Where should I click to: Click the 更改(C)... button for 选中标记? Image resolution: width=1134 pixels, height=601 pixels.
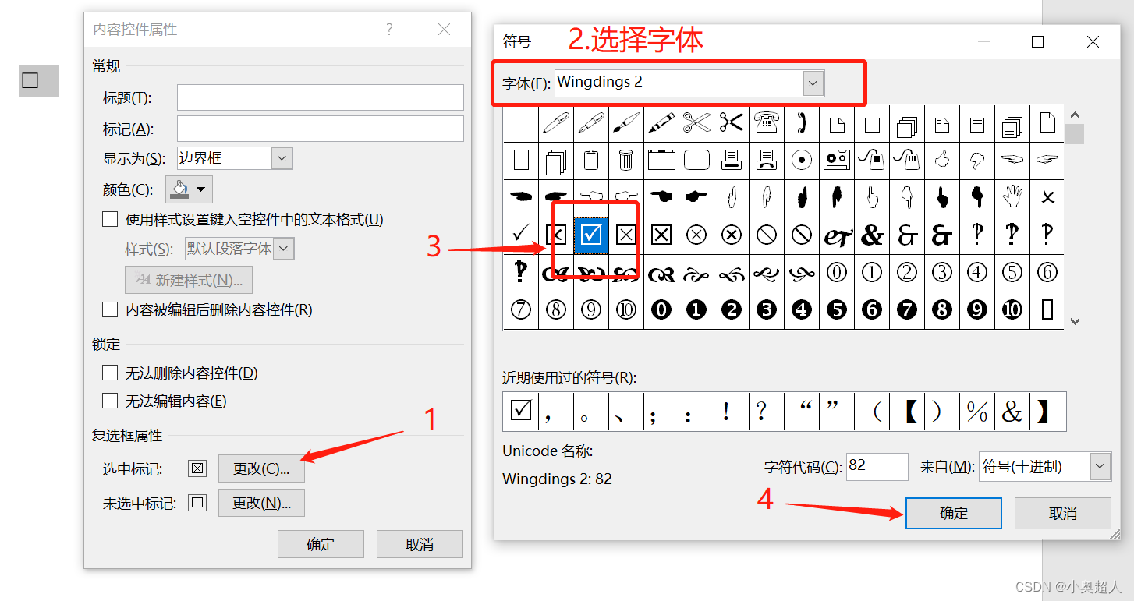261,468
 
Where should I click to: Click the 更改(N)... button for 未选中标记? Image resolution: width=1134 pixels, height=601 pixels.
261,503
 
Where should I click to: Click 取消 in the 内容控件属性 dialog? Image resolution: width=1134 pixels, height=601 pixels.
419,544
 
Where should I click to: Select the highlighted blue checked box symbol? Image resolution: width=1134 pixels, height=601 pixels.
591,235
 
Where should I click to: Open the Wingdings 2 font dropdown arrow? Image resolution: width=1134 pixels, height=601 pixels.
813,83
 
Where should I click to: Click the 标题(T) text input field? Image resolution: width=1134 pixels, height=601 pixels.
320,97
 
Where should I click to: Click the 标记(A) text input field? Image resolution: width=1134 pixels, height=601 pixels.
320,129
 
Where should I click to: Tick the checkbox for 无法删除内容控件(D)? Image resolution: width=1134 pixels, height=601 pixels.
110,373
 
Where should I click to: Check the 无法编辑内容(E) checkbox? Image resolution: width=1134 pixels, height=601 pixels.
110,401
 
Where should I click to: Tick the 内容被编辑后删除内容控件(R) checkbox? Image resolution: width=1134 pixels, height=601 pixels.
110,309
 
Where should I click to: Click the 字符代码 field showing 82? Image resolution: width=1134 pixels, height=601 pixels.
877,466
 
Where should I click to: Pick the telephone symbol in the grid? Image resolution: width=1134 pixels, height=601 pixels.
767,123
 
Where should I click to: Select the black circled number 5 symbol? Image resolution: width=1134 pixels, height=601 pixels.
837,309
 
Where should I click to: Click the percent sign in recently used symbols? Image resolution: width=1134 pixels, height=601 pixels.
976,412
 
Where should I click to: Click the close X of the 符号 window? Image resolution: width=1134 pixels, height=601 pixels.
1093,41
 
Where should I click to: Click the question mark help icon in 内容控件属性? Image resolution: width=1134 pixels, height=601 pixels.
389,30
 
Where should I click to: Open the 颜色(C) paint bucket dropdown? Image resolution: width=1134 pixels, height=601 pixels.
189,189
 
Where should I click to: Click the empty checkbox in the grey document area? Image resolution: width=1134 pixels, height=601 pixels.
30,80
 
